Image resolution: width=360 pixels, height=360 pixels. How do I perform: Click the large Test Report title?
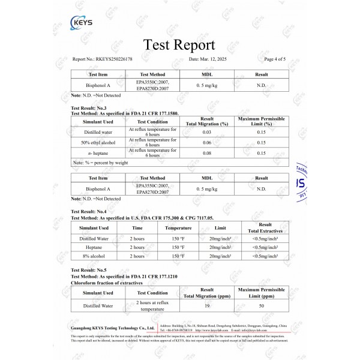[179, 46]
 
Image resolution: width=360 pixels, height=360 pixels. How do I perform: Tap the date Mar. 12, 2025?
[209, 59]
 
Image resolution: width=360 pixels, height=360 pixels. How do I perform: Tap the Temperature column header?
[178, 228]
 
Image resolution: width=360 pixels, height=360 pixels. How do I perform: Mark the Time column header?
[137, 228]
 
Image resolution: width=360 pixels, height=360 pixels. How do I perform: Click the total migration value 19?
[207, 306]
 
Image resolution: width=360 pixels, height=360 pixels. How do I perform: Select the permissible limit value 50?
[261, 306]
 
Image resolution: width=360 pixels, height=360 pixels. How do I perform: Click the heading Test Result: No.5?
[89, 270]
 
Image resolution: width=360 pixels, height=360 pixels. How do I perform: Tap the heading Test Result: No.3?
[89, 107]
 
